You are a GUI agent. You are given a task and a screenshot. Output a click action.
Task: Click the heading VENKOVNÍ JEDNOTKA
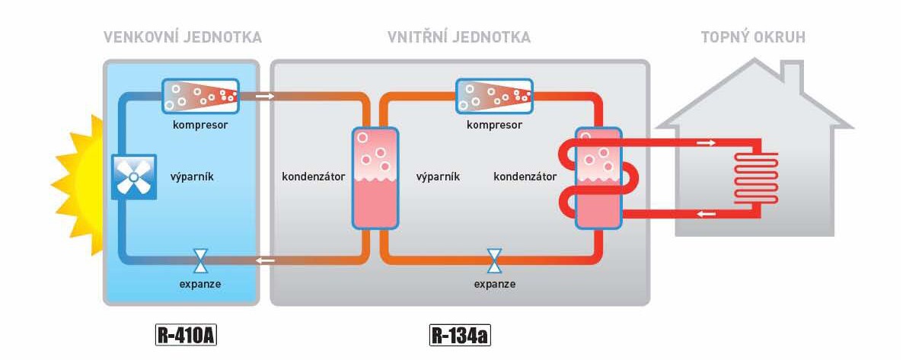pyautogui.click(x=182, y=37)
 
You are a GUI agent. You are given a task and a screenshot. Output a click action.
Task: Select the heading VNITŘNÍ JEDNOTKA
pyautogui.click(x=459, y=37)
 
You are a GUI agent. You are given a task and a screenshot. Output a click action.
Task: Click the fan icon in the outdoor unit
pyautogui.click(x=134, y=178)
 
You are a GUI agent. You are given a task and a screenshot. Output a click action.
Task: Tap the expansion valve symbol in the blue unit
pyautogui.click(x=200, y=261)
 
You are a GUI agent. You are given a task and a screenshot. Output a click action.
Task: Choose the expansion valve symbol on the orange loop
pyautogui.click(x=494, y=261)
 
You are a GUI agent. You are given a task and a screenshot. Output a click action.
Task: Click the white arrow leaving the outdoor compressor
pyautogui.click(x=265, y=97)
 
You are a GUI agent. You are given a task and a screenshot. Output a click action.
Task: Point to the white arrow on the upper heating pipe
pyautogui.click(x=707, y=142)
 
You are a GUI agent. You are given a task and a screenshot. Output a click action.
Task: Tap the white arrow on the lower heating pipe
pyautogui.click(x=707, y=214)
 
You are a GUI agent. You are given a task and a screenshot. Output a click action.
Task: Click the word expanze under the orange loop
pyautogui.click(x=494, y=284)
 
